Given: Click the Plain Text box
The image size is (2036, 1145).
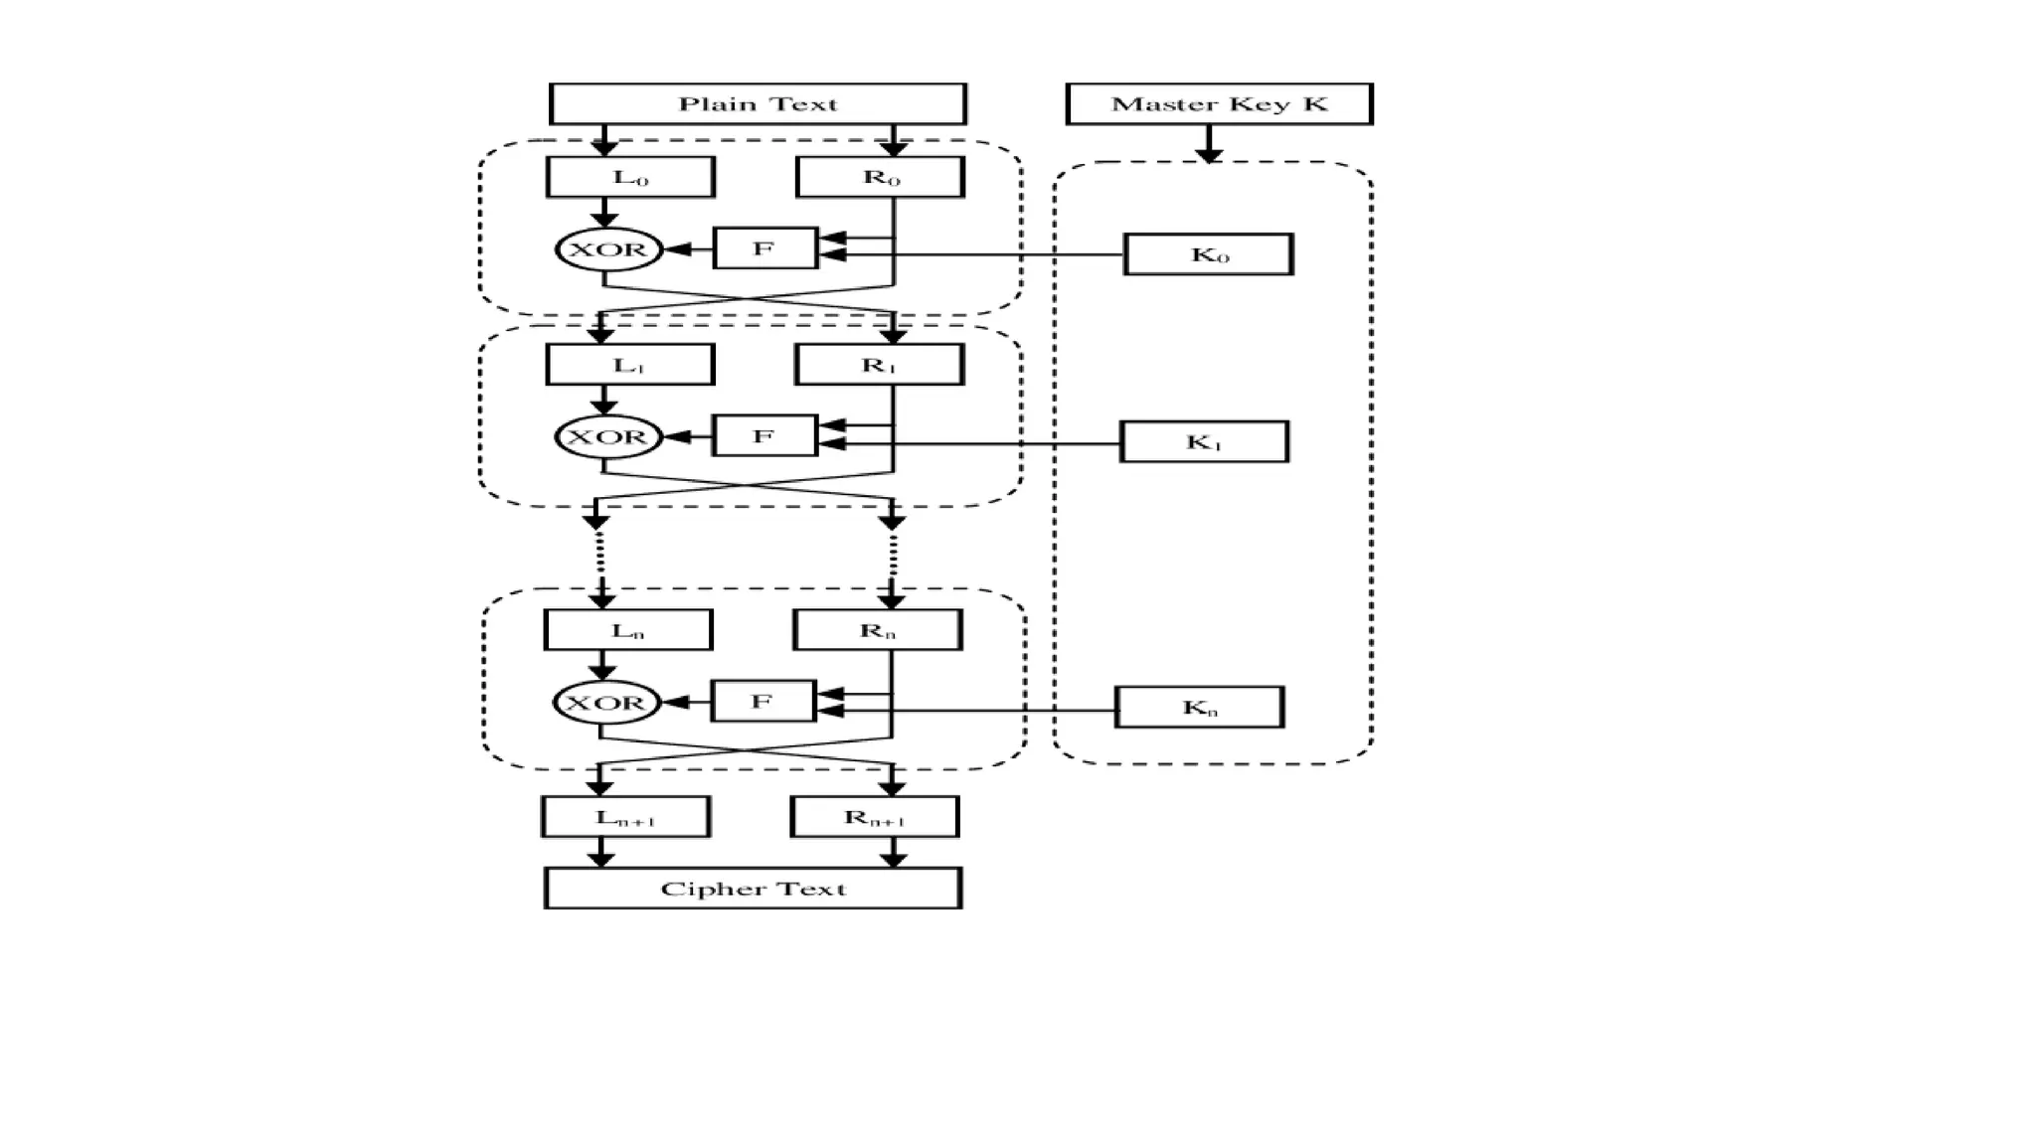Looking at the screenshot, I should (758, 103).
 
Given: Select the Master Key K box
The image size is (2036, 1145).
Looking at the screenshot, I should (1219, 103).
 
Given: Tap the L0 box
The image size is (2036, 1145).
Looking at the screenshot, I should (630, 177).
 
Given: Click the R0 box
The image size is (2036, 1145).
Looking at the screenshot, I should (880, 177).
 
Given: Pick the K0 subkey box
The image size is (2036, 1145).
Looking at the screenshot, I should (1208, 254).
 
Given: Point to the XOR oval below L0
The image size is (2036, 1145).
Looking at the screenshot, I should (608, 249).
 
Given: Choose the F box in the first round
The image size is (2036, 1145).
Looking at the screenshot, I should (764, 248).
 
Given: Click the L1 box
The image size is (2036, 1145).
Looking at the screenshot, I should (629, 365).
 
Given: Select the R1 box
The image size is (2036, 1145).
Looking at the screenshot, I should (879, 365).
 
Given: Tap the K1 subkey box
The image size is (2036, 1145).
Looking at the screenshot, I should (1204, 441).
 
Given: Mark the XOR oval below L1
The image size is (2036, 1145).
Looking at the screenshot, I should (607, 437).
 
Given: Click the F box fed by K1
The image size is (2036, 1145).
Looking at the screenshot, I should (764, 436).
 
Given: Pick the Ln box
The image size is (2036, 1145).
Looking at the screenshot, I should (627, 630).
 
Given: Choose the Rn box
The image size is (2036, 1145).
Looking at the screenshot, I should (877, 630).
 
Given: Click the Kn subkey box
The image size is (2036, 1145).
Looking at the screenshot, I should (1199, 708).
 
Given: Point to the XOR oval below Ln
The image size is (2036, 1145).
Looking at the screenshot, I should (605, 703).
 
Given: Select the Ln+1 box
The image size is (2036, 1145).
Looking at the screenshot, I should (625, 817).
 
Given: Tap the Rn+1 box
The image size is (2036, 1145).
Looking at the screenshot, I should (874, 817).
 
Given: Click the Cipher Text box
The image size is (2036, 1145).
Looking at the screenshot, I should (753, 889).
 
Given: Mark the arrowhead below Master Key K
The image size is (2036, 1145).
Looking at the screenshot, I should (1209, 155).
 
